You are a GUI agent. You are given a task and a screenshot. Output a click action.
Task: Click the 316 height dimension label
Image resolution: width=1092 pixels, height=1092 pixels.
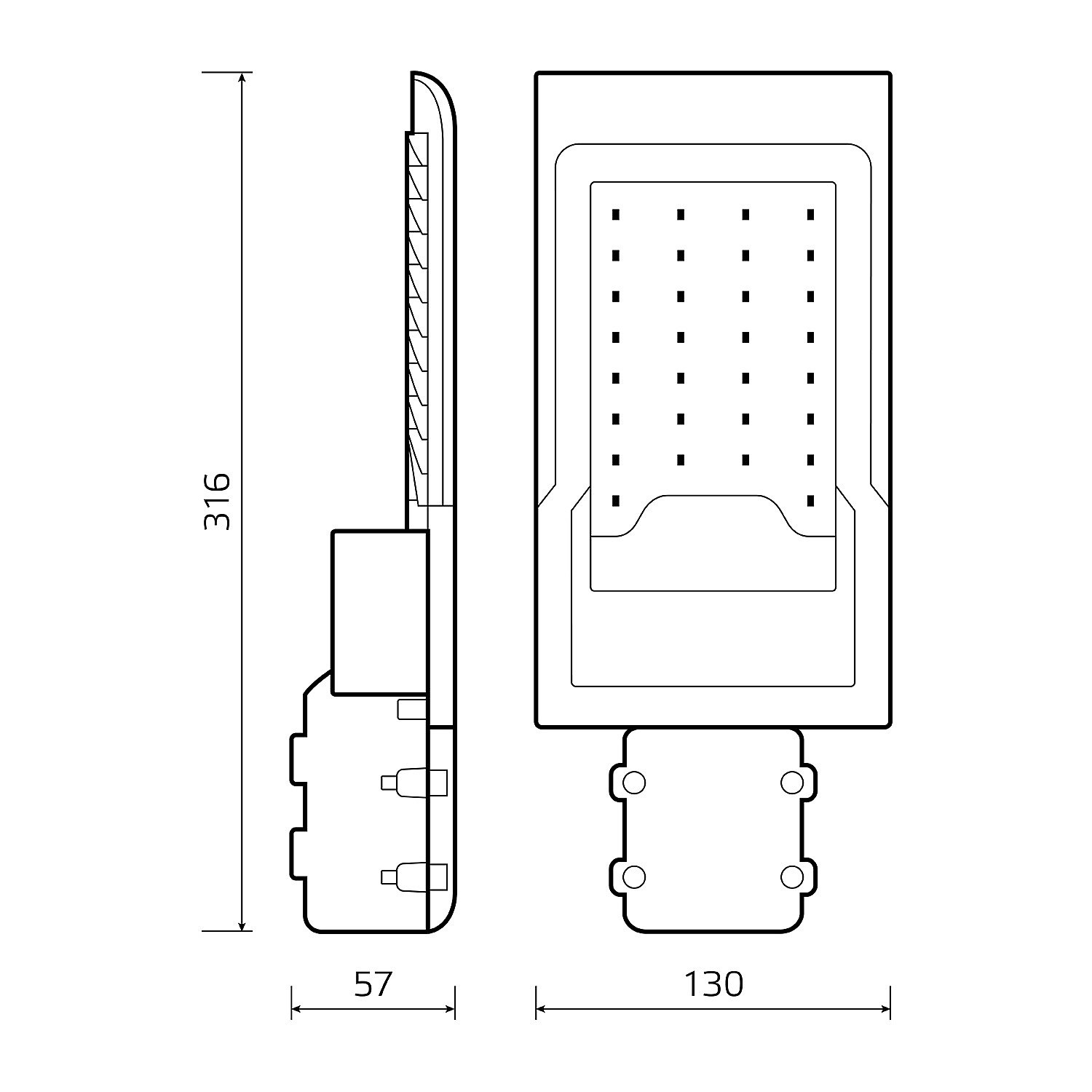[x=218, y=502]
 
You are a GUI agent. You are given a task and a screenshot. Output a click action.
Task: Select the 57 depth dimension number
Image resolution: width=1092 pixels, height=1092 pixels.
[x=373, y=984]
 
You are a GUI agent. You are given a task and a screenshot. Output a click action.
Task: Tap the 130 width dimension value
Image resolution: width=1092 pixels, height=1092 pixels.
[x=713, y=984]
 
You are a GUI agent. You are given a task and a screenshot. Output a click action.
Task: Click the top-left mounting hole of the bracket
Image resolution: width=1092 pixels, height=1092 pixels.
[x=635, y=783]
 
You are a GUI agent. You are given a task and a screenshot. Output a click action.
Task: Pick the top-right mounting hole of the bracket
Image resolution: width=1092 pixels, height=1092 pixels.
[x=792, y=783]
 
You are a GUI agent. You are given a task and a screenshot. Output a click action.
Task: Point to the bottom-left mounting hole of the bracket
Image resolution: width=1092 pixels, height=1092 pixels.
[x=635, y=877]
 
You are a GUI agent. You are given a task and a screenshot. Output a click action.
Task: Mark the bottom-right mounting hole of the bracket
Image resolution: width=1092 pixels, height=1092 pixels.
[x=792, y=877]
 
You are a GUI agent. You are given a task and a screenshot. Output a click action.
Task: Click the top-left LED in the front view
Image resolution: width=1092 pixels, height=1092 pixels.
[x=616, y=214]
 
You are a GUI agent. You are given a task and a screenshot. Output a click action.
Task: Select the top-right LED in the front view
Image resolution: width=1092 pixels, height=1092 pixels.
[x=810, y=214]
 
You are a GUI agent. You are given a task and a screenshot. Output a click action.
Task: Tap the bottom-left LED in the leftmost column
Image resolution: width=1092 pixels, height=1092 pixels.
[x=616, y=500]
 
